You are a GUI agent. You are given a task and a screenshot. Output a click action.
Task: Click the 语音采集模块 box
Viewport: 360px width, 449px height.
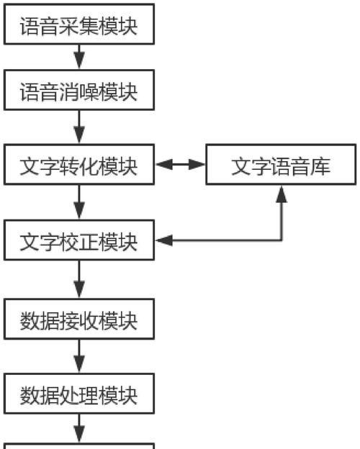point(79,24)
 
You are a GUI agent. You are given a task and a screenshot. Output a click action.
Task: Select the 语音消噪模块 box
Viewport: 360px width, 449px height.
point(79,90)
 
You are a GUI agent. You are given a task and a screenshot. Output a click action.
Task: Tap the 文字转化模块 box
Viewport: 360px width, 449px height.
point(79,165)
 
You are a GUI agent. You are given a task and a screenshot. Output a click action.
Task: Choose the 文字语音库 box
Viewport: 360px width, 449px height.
point(281,165)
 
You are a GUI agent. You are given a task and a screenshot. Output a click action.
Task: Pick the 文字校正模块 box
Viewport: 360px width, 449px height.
point(79,240)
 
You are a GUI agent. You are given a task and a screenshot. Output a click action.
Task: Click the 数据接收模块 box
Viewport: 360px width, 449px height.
point(79,319)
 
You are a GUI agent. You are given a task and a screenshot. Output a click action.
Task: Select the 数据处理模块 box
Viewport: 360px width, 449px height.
point(79,394)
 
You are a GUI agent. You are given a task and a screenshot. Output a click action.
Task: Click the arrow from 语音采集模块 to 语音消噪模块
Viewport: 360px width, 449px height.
point(79,57)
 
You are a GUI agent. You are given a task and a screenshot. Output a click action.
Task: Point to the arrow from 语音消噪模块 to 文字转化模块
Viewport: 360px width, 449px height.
point(79,127)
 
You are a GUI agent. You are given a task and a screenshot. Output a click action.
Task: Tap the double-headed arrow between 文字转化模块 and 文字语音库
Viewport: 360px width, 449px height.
point(180,164)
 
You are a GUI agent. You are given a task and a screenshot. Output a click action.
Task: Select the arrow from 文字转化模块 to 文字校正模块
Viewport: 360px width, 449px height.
point(79,202)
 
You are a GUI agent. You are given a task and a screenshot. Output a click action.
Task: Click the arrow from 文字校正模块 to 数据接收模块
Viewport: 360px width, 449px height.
point(79,279)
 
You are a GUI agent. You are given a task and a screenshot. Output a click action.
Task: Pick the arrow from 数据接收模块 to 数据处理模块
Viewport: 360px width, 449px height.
point(79,356)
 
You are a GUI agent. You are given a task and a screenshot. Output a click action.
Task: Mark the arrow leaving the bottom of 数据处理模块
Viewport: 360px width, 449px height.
point(79,429)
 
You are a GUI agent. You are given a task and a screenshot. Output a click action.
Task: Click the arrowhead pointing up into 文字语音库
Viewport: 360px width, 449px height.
point(282,194)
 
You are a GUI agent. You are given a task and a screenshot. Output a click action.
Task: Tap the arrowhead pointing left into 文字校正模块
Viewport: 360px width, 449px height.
point(164,240)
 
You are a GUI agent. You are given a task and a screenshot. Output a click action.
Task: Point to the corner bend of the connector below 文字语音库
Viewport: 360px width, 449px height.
point(282,240)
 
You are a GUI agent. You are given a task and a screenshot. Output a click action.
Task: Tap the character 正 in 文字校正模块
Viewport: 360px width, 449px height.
point(89,242)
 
